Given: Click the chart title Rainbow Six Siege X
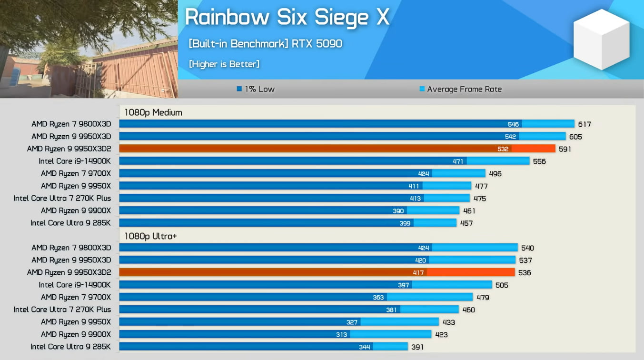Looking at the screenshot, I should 287,18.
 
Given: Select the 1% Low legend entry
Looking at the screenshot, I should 256,89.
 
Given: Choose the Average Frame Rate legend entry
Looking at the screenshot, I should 460,89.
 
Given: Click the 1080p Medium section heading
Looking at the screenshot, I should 153,113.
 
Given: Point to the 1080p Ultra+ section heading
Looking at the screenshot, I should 151,236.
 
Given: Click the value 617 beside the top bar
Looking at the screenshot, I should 584,124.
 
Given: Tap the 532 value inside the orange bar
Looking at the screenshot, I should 503,149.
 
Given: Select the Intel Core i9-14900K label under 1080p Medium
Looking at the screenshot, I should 75,161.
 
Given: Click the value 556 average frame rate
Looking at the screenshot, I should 539,161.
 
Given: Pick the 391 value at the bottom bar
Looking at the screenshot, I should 417,347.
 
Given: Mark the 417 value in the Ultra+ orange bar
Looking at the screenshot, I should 419,273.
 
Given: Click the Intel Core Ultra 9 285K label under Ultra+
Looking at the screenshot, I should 70,347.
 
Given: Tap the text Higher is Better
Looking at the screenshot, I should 224,64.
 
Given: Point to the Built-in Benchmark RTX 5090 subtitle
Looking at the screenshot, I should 266,44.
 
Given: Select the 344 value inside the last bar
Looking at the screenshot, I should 364,347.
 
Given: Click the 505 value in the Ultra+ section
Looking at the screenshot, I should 501,285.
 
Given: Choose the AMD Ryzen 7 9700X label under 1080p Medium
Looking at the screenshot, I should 76,174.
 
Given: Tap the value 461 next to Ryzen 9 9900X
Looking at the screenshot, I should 468,211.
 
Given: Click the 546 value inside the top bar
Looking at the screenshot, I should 513,124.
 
